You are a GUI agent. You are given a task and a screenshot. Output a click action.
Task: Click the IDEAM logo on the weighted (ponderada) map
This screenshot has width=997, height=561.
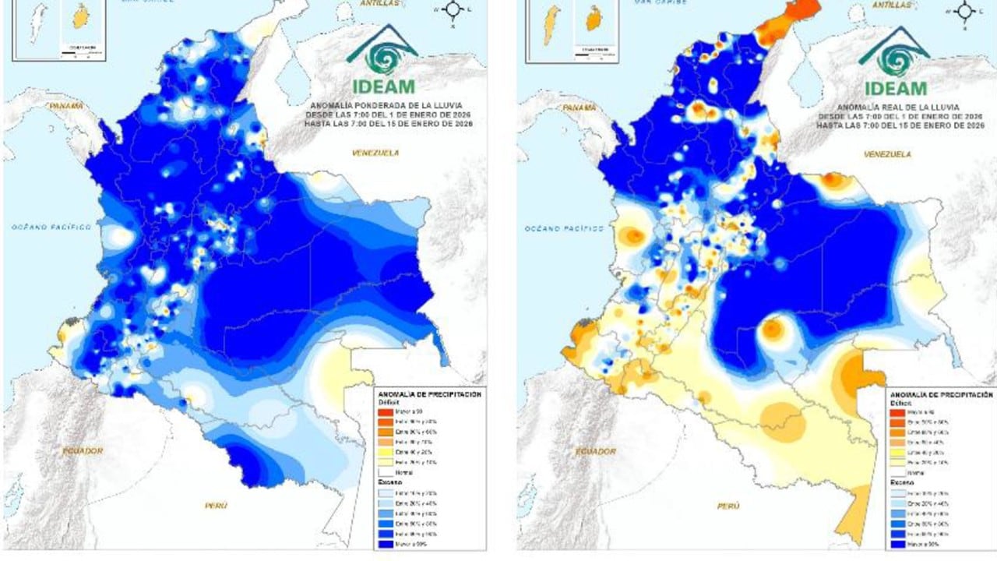pyautogui.click(x=382, y=61)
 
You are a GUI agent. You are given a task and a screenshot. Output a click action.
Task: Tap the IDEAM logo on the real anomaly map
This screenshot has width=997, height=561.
pyautogui.click(x=894, y=61)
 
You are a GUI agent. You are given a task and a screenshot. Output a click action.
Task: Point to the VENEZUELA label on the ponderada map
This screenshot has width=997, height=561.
pyautogui.click(x=375, y=153)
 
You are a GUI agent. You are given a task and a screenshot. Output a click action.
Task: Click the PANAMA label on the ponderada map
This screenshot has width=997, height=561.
pyautogui.click(x=67, y=105)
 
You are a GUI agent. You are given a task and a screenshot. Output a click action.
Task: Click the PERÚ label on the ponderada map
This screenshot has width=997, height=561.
pyautogui.click(x=216, y=506)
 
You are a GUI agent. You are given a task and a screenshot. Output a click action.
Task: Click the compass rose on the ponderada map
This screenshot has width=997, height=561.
pyautogui.click(x=452, y=11)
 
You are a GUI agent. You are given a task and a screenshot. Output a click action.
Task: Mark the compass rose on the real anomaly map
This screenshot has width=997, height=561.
pyautogui.click(x=964, y=11)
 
